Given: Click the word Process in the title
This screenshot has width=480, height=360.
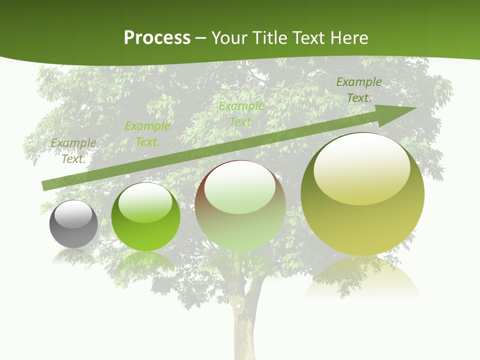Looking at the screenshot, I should (x=156, y=38).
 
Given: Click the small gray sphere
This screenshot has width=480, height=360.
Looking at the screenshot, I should (x=73, y=224).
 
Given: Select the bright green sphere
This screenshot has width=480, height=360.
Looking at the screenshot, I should (x=145, y=217).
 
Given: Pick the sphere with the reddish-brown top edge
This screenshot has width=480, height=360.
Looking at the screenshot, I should (x=240, y=205).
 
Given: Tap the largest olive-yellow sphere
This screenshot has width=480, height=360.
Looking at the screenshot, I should (x=362, y=194).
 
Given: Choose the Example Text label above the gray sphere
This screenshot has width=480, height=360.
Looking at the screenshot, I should (x=73, y=150).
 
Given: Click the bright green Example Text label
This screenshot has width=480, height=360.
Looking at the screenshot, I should (x=147, y=133).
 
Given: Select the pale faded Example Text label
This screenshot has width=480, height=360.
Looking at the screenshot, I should (x=241, y=113).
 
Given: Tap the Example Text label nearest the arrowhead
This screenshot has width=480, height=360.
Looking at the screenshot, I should (x=358, y=89).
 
